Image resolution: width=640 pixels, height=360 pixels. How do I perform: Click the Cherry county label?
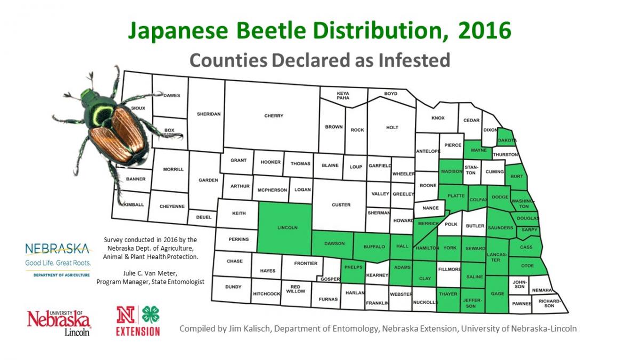tap(274, 116)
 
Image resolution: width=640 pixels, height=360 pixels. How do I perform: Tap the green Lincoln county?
tap(287, 227)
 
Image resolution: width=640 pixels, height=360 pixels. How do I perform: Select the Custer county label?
tap(341, 205)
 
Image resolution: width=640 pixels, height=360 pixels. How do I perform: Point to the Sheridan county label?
tap(209, 114)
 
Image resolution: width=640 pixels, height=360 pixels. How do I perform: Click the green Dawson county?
tap(334, 244)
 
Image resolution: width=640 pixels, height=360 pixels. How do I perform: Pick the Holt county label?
tap(392, 127)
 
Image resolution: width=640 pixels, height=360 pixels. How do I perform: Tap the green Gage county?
tap(497, 293)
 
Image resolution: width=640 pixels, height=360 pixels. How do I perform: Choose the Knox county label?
tap(437, 118)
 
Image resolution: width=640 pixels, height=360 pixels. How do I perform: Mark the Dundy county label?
tap(233, 287)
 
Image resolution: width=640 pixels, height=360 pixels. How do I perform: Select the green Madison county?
tap(451, 171)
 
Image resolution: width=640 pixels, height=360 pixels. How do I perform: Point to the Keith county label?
tap(239, 213)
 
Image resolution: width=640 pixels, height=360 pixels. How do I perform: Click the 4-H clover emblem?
tap(151, 315)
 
